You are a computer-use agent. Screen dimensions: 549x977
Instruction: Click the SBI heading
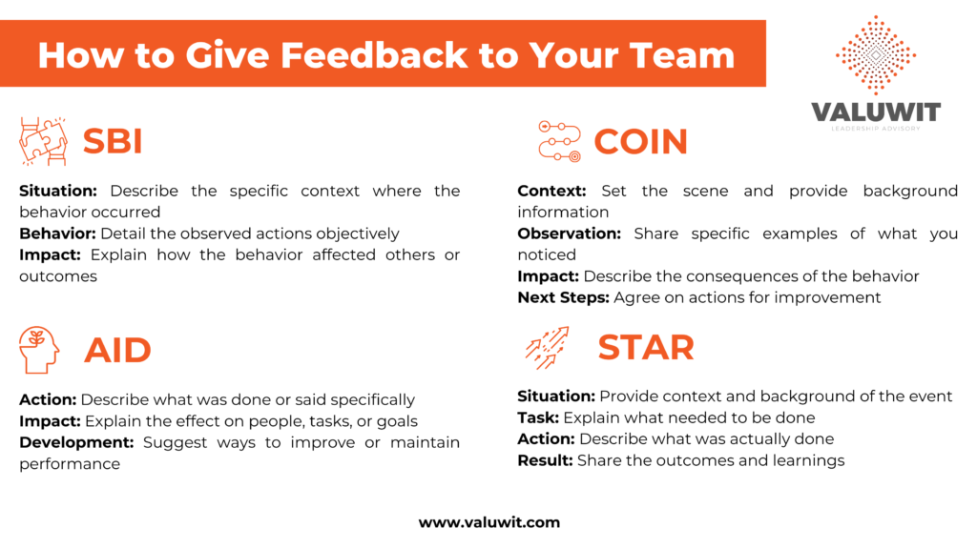pos(113,141)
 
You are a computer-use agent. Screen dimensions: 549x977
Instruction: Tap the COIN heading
pos(640,142)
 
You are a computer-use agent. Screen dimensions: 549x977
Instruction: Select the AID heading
pos(117,350)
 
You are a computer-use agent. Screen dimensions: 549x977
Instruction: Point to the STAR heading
pos(645,347)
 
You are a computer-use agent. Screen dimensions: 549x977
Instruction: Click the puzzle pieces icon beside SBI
pos(43,141)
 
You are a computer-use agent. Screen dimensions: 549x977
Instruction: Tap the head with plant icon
pos(39,350)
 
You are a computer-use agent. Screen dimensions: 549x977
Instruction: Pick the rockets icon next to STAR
pos(548,348)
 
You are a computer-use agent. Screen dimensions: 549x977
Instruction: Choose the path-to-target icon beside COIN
pos(559,141)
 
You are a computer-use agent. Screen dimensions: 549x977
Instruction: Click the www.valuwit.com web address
pos(488,522)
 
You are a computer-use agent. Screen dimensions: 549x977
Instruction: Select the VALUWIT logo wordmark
pos(875,112)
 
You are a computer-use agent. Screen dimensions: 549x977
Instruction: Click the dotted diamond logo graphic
pos(875,54)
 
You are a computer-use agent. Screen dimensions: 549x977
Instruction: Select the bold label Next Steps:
pos(563,297)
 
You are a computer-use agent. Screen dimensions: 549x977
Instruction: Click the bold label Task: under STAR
pos(538,417)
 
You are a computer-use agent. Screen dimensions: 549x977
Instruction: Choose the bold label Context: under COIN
pos(551,191)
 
